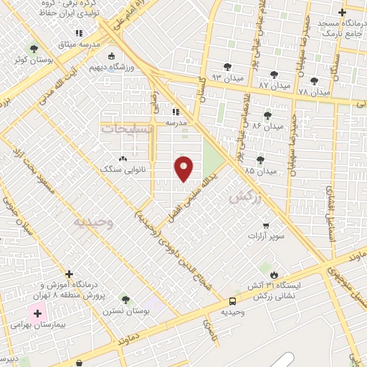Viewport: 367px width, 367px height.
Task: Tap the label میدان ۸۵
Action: (259, 172)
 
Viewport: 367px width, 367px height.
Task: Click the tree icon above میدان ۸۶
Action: (267, 115)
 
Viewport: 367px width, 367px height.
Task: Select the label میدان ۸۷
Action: (274, 85)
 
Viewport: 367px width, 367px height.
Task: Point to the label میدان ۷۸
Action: (313, 92)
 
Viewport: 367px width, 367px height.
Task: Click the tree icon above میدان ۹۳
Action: (227, 67)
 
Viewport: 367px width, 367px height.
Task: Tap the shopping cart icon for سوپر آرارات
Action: (267, 225)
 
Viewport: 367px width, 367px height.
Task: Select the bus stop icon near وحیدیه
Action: (233, 302)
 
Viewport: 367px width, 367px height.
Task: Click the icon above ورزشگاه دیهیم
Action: (110, 57)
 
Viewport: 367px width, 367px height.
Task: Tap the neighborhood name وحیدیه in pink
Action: (92, 222)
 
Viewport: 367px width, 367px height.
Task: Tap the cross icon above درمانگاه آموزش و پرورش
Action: (69, 274)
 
